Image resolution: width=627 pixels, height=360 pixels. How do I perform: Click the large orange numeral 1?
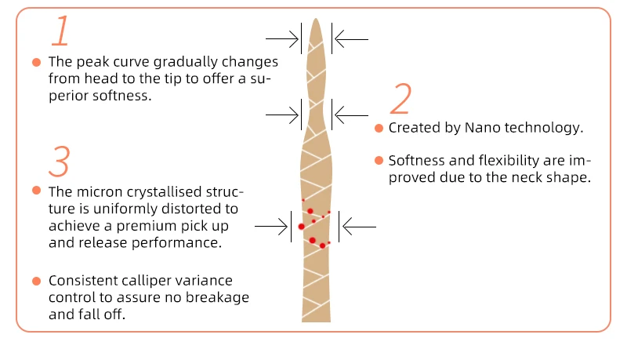[62, 31]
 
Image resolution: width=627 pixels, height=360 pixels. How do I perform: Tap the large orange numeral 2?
[400, 101]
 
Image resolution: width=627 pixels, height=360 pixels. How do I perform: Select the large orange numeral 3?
[59, 161]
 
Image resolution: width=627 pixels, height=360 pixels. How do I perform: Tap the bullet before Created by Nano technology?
[379, 128]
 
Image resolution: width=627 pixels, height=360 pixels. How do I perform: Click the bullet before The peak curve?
[36, 61]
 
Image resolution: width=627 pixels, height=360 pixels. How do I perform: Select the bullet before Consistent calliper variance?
[36, 280]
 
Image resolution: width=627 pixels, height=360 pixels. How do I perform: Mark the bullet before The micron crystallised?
[36, 191]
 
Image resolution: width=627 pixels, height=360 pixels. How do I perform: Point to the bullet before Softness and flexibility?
[379, 161]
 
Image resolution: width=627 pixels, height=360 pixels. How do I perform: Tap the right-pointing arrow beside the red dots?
[274, 227]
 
